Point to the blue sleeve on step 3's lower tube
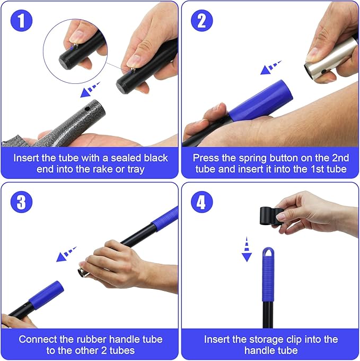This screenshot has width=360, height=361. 46,295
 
